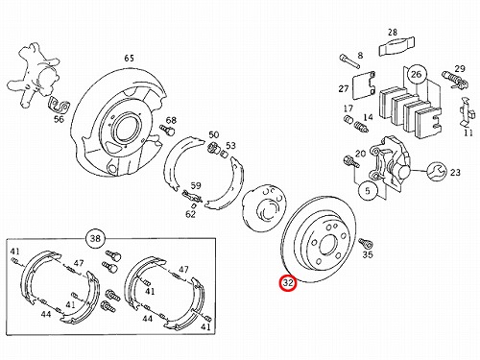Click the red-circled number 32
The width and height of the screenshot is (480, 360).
tap(288, 283)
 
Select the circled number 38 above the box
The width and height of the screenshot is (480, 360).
tap(95, 238)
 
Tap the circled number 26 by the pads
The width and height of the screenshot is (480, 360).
tap(416, 74)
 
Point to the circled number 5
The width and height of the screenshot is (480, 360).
tap(368, 191)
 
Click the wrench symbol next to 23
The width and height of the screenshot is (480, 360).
tap(437, 172)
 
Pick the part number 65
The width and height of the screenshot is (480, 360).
tap(129, 59)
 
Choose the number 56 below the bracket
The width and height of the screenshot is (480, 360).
tap(59, 119)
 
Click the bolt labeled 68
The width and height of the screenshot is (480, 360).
tap(167, 130)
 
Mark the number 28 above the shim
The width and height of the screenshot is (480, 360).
tap(393, 33)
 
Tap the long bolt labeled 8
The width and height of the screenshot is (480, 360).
tap(348, 61)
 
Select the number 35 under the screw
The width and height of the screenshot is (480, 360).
tap(368, 254)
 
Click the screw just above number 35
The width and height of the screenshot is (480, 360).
tap(365, 244)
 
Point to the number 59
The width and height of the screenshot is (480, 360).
tap(196, 185)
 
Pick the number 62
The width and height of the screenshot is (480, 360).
tap(190, 214)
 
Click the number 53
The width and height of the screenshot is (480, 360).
tap(230, 146)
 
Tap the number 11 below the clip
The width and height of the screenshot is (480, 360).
tap(468, 132)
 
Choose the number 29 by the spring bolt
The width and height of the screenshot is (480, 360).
tap(460, 69)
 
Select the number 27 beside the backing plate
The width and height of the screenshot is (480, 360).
tap(344, 88)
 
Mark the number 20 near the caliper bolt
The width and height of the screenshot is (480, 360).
tap(360, 154)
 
